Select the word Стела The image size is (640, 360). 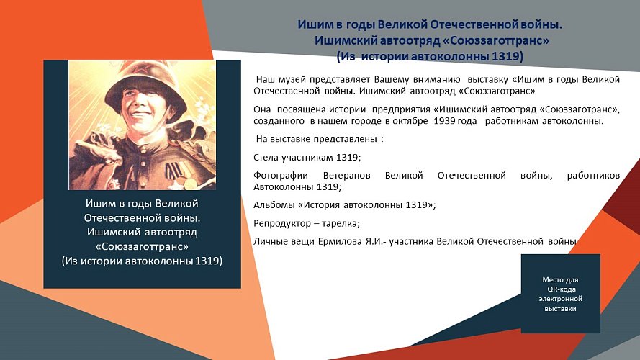coord(267,156)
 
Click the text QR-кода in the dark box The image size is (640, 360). coord(561,289)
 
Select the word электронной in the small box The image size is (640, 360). coord(561,298)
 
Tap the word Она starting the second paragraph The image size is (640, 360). coord(263,109)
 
